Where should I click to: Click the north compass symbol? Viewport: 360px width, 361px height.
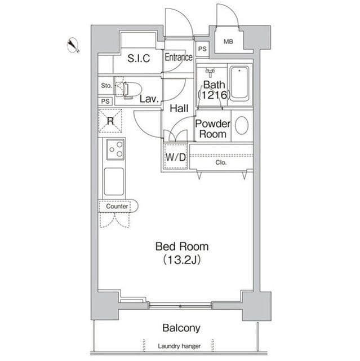[x=73, y=45]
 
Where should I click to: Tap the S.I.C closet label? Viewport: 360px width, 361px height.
[x=139, y=58]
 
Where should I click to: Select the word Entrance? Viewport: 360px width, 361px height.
[x=179, y=57]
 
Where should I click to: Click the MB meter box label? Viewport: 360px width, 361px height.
[x=228, y=42]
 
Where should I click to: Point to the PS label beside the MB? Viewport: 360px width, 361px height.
[x=202, y=49]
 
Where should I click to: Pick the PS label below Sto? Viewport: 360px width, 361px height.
[x=105, y=102]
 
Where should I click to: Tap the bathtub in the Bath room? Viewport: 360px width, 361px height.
[x=239, y=83]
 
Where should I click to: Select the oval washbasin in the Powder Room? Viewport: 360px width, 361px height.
[x=242, y=125]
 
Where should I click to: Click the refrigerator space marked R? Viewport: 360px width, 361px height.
[x=110, y=121]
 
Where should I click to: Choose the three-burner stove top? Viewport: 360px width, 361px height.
[x=115, y=149]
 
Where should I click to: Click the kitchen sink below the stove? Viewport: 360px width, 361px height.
[x=114, y=182]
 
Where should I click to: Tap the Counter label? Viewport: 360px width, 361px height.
[x=117, y=206]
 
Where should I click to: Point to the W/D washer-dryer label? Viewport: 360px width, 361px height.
[x=176, y=157]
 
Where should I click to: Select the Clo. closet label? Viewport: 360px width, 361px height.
[x=221, y=162]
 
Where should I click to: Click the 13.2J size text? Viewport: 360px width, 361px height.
[x=181, y=260]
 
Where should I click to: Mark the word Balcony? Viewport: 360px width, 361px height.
[x=181, y=328]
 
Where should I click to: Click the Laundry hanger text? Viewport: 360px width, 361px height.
[x=179, y=346]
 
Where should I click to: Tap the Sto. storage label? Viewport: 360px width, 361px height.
[x=106, y=86]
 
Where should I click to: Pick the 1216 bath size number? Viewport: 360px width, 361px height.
[x=214, y=95]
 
